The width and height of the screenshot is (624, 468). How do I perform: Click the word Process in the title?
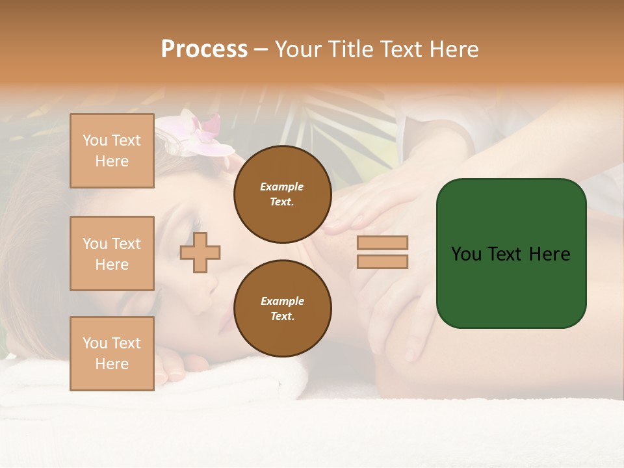click(x=204, y=49)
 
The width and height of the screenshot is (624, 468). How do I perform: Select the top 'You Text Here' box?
click(x=112, y=151)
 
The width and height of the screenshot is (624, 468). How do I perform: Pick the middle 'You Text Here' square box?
click(x=112, y=253)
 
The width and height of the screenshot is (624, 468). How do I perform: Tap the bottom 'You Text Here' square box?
click(x=112, y=353)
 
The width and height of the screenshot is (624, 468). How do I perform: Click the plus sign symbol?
click(x=200, y=252)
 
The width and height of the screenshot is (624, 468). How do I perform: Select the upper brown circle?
click(x=282, y=194)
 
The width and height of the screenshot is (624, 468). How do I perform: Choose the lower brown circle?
click(x=282, y=309)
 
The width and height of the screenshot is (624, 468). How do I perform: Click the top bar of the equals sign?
click(x=382, y=242)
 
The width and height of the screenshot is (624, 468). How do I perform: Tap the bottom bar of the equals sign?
click(x=382, y=261)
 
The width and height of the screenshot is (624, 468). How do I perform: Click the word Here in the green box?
click(x=549, y=254)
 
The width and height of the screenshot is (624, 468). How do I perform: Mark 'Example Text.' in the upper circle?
click(x=282, y=194)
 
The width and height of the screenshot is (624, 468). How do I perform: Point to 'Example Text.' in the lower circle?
click(x=282, y=309)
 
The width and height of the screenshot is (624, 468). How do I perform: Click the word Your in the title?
click(x=298, y=49)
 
